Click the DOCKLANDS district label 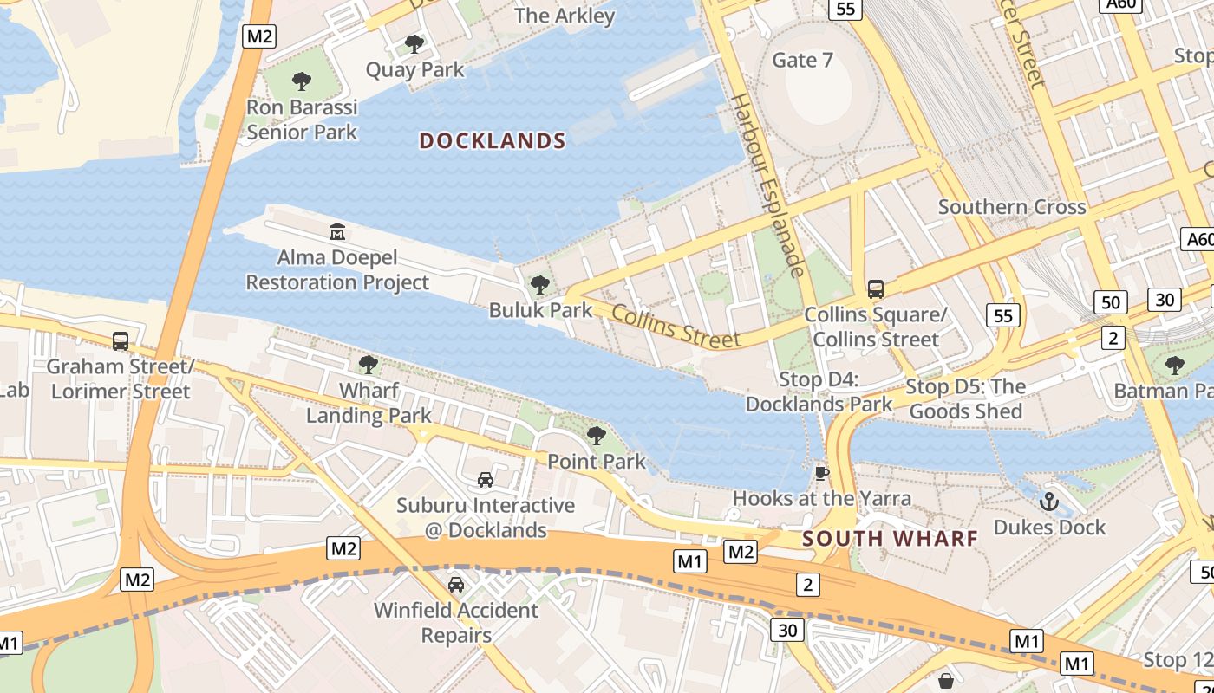(x=493, y=140)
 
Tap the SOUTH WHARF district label (x=890, y=538)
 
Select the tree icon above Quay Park (x=414, y=43)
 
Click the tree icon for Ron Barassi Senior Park (x=302, y=81)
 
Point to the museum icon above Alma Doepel (x=337, y=231)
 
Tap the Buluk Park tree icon (x=540, y=284)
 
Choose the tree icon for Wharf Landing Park (x=369, y=365)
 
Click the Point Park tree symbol (x=596, y=435)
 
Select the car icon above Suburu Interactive (x=486, y=479)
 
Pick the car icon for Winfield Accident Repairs (x=456, y=584)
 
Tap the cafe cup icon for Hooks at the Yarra (x=821, y=472)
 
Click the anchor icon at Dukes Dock (x=1049, y=501)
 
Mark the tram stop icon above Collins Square (x=876, y=288)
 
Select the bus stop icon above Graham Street (x=121, y=340)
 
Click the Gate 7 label (x=802, y=60)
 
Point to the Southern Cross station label (x=1012, y=207)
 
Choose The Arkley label (x=565, y=16)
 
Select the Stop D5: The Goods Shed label (x=965, y=398)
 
